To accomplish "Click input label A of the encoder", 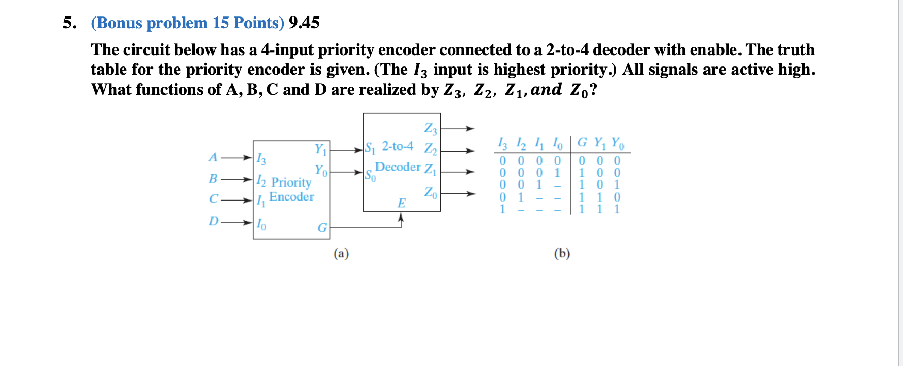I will (x=213, y=157).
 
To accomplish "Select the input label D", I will (x=214, y=221).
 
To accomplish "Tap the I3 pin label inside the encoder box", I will (x=261, y=159).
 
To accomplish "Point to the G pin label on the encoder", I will (x=322, y=228).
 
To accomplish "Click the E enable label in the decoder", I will (x=401, y=203).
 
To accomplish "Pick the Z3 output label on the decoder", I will (x=430, y=128).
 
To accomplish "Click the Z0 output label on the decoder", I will (x=430, y=193).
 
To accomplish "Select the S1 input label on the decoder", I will (x=370, y=148).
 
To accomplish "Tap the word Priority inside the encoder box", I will (x=291, y=182).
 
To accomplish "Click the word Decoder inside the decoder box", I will (x=398, y=167).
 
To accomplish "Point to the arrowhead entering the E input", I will (x=401, y=218).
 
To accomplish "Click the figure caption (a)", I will (x=341, y=253).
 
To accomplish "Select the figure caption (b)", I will (x=562, y=253).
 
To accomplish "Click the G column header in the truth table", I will (x=582, y=142).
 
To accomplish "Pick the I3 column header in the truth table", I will (x=502, y=143).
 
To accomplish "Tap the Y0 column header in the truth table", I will (x=617, y=143).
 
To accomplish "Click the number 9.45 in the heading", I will (x=304, y=23).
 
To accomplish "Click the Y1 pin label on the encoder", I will (x=321, y=149).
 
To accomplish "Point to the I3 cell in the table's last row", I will (x=502, y=209).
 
